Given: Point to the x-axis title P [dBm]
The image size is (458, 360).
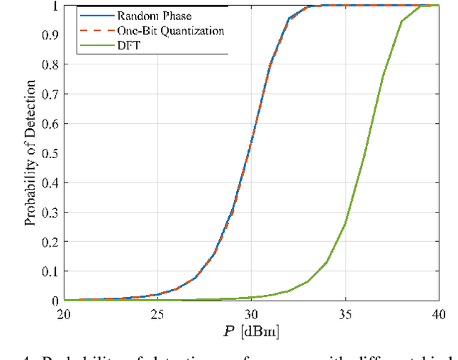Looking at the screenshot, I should [250, 331].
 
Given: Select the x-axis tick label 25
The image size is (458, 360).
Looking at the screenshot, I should [157, 313].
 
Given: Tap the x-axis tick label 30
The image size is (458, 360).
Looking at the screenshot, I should [251, 313].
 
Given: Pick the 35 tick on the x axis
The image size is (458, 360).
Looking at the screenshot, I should [345, 313].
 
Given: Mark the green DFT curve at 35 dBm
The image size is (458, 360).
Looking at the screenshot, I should [345, 225].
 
